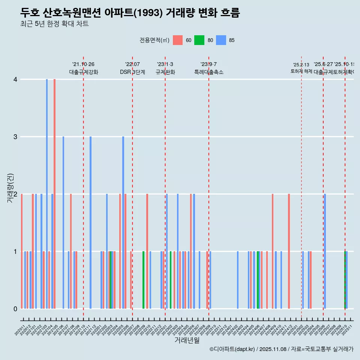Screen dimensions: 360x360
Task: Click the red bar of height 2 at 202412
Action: pos(289,251)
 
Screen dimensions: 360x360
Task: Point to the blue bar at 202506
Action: pos(325,251)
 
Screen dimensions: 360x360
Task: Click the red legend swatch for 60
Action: pos(178,40)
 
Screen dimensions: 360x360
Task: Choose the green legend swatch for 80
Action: pos(199,40)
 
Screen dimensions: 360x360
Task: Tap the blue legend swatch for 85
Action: pos(221,40)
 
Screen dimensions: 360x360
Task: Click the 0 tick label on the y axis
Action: pos(15,309)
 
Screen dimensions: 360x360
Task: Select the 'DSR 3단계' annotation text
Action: pos(132,72)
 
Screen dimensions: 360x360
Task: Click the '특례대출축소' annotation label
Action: pos(208,72)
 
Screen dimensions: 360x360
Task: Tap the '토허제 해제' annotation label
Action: pos(301,71)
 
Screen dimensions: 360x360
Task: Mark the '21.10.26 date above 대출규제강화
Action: pos(83,64)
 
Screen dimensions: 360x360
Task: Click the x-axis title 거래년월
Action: pos(187,340)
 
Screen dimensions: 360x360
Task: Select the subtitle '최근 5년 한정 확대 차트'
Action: pos(54,24)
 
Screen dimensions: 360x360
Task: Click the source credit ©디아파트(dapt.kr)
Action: pos(232,349)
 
